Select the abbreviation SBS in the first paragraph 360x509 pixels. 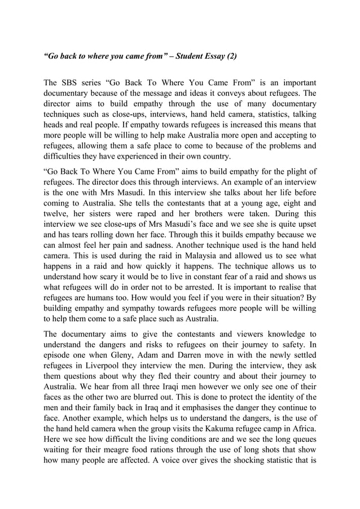click(x=73, y=82)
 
